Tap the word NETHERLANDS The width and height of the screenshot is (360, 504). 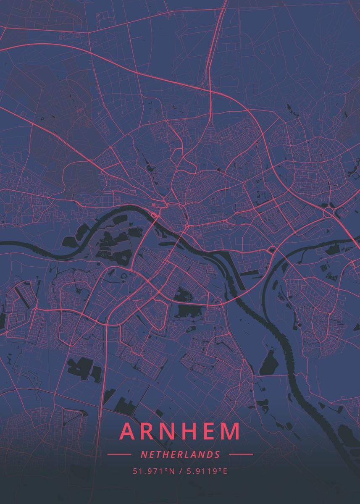[180, 454]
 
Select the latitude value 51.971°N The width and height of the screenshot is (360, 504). [154, 471]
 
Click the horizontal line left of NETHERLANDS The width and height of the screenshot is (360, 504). [119, 454]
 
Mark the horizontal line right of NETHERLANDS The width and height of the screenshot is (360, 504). [241, 454]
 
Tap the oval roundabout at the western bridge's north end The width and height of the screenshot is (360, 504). [155, 215]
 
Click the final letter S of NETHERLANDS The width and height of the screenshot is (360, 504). [217, 454]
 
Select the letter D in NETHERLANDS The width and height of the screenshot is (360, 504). [210, 454]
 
